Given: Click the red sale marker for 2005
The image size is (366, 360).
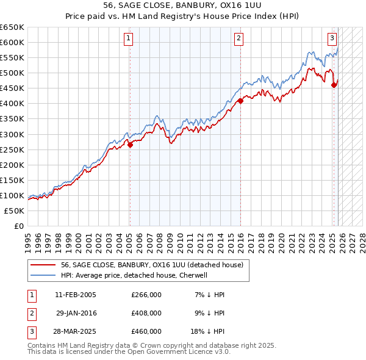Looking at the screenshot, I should pos(130,145).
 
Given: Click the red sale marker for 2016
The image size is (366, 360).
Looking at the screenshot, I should pos(240,101).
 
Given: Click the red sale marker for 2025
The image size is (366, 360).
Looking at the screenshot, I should pos(334,85).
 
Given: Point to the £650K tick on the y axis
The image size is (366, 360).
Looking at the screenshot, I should pos(12,27).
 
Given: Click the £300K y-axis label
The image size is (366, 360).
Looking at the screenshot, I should pos(12,134).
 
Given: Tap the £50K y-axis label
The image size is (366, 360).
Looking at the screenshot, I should pos(15,211).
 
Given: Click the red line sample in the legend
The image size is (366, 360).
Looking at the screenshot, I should pos(43,265).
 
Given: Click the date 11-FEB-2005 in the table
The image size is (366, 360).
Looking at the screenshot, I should pos(76,295).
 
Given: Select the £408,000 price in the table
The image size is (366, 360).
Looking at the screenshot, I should pos(146,313).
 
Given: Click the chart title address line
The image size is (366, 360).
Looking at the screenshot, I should pos(183,6).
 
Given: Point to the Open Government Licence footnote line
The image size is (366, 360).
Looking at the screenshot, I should pos(129,353).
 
